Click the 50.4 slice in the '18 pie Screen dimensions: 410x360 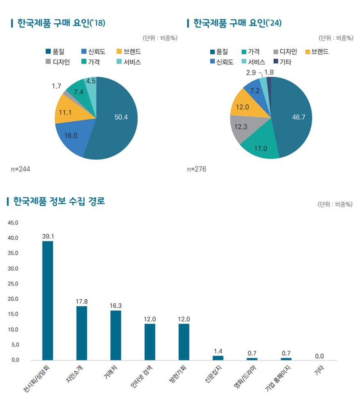tap(119, 119)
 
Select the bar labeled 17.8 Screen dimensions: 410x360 tap(82, 333)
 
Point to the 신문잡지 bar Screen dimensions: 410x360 tap(218, 358)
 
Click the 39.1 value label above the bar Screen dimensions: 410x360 tap(48, 236)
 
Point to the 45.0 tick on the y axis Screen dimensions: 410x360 tap(13, 223)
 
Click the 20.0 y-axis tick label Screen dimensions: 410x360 tap(13, 299)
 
